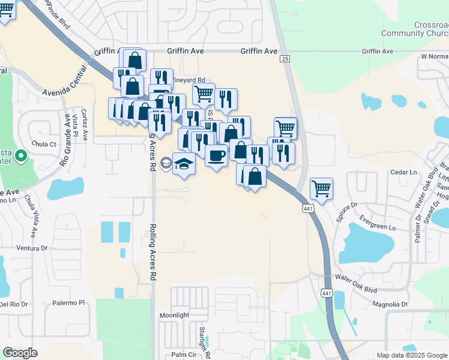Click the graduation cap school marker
pos(184,163)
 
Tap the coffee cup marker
pos(216,155)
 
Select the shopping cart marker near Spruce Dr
pos(322,188)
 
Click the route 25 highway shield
pos(285,58)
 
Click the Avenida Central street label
pos(68,83)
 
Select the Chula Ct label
pos(44,144)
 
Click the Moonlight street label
pos(174,315)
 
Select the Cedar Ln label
pos(403,172)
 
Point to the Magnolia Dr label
pos(390,304)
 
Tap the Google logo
pos(20,353)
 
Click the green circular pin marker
pos(21,157)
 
